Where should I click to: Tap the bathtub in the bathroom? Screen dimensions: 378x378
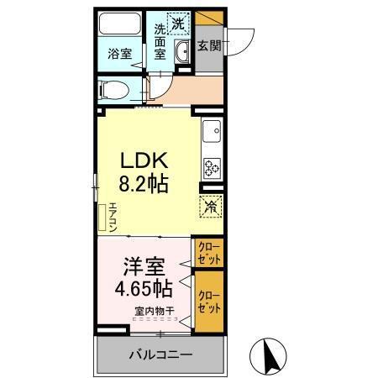coord(119,24)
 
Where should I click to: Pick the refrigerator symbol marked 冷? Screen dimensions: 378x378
coord(210,204)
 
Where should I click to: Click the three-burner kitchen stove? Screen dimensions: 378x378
coord(211,166)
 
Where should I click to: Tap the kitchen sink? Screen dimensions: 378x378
coord(212,131)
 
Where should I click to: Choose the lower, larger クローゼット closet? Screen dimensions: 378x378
coord(210,301)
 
